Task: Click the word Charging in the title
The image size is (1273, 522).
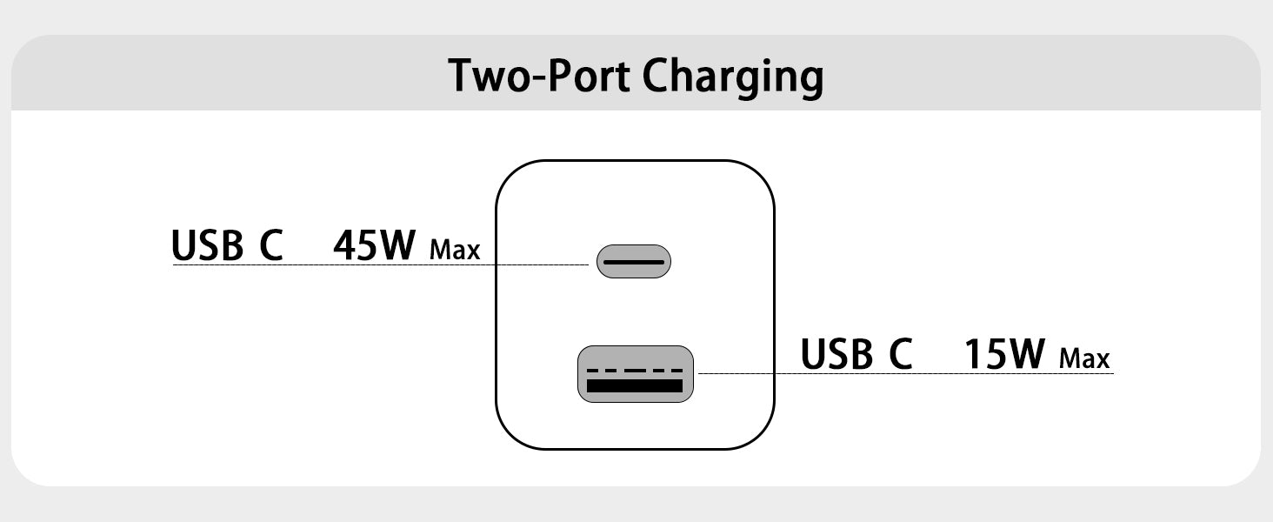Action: coord(733,78)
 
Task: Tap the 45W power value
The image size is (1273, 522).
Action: coord(375,246)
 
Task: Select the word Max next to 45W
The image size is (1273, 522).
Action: coord(455,251)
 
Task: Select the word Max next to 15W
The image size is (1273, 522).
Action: coord(1085,358)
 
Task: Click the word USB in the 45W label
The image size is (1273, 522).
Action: coord(207,246)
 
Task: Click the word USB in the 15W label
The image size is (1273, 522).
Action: coord(836,354)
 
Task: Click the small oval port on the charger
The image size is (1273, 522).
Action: coord(634,261)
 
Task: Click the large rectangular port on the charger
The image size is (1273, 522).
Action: coord(636,374)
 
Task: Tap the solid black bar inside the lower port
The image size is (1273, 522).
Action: coord(635,385)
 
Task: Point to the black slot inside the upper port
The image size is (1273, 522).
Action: coord(634,261)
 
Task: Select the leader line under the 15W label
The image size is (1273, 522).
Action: coord(904,374)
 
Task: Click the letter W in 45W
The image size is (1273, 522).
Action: coord(397,246)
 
